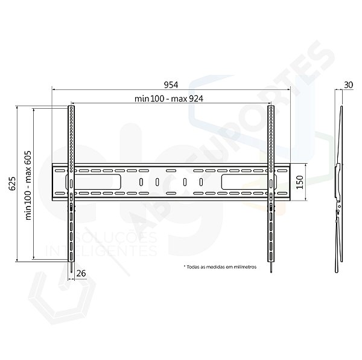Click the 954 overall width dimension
[x=170, y=85]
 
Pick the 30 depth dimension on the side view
[x=348, y=85]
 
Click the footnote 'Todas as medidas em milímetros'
[x=220, y=266]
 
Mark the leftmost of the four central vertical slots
[x=141, y=182]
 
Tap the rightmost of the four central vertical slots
[x=201, y=182]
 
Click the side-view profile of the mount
[x=338, y=181]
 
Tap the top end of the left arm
[x=71, y=109]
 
